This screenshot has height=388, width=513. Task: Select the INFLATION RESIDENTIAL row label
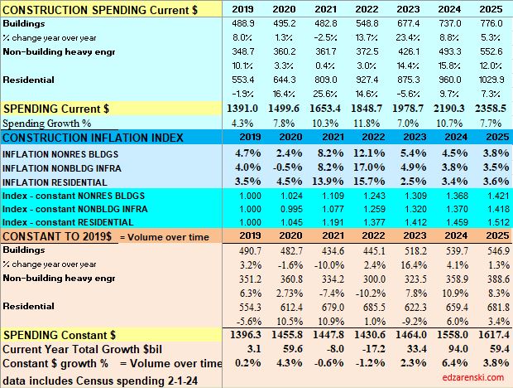tap(60, 182)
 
